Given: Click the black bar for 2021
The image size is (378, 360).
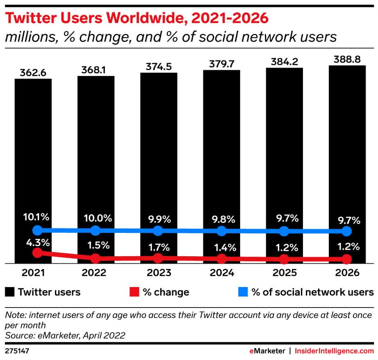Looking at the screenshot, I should pos(33,164).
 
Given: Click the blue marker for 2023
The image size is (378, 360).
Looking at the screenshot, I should pos(158,231).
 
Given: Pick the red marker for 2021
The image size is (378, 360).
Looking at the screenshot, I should pos(37,253).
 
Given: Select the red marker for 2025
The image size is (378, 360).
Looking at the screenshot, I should pos(284,259).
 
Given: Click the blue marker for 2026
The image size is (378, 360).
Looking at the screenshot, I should pos(347,231).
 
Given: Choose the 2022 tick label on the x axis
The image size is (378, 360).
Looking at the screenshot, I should pos(96,273).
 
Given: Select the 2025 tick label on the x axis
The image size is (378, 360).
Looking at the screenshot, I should pos(284,273).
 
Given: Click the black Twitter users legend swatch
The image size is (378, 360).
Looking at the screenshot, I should pos(10,292).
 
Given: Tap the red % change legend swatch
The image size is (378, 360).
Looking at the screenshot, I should pos(133,292).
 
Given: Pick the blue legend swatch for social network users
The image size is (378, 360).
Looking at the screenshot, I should pos(243,292).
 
